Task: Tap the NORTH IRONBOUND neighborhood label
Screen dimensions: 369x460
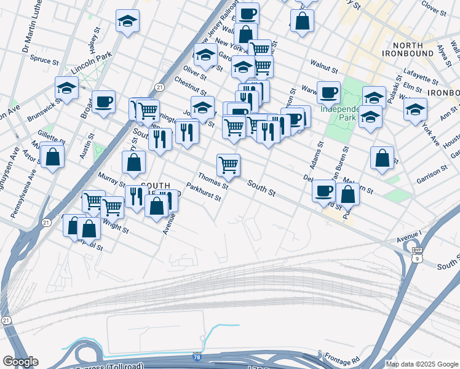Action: coord(416,50)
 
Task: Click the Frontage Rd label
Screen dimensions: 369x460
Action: coord(340,359)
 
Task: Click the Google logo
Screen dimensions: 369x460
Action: coord(20,362)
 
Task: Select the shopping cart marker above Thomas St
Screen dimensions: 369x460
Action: coord(228,165)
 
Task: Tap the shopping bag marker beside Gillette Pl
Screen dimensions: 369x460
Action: coord(54,156)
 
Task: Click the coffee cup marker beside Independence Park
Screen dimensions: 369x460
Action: coord(328,92)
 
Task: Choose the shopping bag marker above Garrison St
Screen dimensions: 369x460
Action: coord(383,158)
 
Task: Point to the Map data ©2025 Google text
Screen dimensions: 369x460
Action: coord(422,364)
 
